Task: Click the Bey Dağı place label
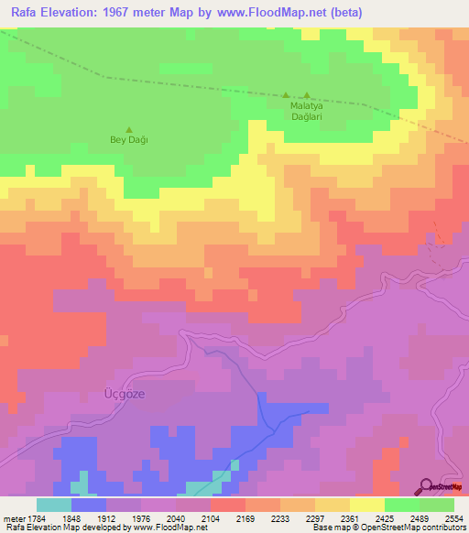[128, 140]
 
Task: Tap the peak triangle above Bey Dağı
[128, 129]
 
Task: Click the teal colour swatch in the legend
[54, 505]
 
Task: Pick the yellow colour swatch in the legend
[366, 505]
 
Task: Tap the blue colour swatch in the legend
[89, 505]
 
